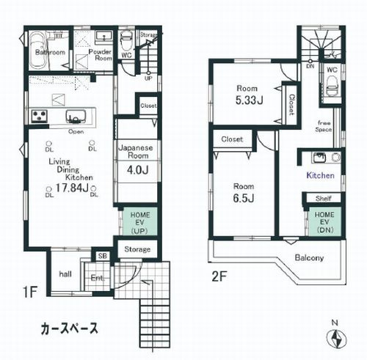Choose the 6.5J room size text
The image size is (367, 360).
pyautogui.click(x=242, y=197)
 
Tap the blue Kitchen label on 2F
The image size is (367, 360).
pyautogui.click(x=320, y=176)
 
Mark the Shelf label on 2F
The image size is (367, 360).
pyautogui.click(x=324, y=198)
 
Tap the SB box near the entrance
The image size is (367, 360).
pyautogui.click(x=102, y=256)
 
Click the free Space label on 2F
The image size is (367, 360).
pyautogui.click(x=324, y=126)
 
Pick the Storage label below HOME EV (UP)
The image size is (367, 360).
pyautogui.click(x=137, y=249)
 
